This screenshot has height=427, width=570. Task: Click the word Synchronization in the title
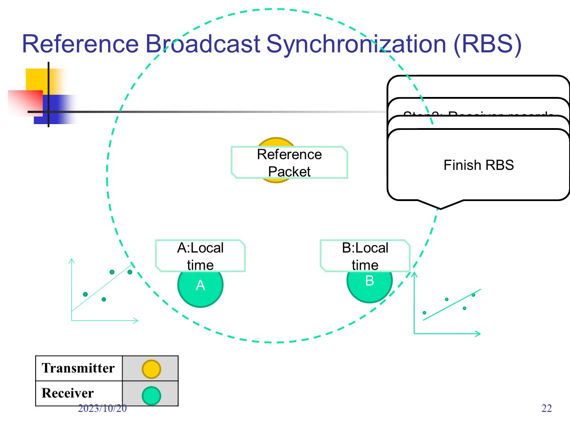356,44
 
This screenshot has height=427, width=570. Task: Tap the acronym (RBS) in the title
487,44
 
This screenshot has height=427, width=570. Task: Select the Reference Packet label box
289,163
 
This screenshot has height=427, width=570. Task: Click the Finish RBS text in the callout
478,165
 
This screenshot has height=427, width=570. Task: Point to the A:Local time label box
200,256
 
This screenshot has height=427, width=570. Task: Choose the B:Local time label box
365,256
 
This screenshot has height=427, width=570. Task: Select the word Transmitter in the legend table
78,368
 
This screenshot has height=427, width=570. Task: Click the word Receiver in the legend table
68,393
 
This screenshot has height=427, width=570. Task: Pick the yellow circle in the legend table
151,369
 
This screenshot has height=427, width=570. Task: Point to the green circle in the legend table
151,395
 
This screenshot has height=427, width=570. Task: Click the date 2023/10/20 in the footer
102,408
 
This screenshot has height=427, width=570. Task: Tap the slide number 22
546,408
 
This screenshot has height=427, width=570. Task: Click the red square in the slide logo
25,103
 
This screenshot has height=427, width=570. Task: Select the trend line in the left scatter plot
100,289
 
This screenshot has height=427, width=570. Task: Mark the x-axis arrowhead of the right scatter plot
479,333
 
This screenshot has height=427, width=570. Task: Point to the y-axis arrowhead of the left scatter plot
72,261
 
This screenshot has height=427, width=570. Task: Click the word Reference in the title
80,44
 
